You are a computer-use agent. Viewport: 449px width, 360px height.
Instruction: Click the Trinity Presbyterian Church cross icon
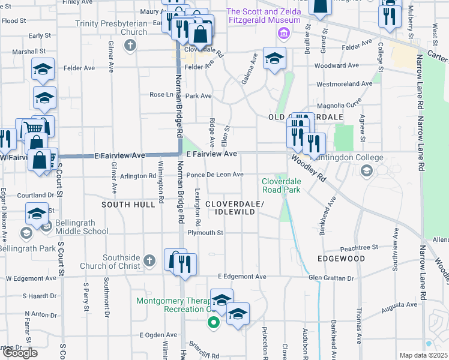click(x=130, y=44)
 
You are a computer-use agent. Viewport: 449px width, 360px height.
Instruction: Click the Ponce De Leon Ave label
click(x=214, y=175)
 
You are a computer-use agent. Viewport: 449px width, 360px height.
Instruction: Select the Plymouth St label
click(x=205, y=233)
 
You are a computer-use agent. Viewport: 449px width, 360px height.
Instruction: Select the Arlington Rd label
click(x=138, y=176)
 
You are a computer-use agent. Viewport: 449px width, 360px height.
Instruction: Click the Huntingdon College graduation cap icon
click(x=366, y=171)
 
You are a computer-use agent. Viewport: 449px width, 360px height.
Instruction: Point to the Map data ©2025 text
click(x=424, y=355)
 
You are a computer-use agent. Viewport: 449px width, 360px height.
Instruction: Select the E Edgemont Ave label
click(x=242, y=277)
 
